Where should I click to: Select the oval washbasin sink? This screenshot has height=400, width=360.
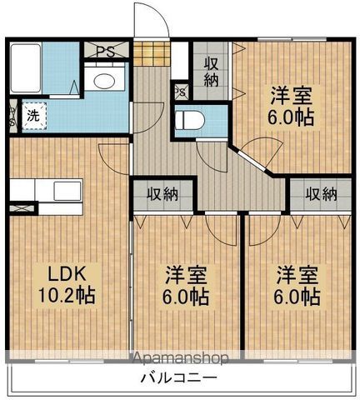point(105,81)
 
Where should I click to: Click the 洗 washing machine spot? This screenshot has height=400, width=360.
point(30,116)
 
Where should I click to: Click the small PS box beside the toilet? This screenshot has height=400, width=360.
point(180,92)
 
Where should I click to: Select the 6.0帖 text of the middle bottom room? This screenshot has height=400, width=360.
point(185,297)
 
